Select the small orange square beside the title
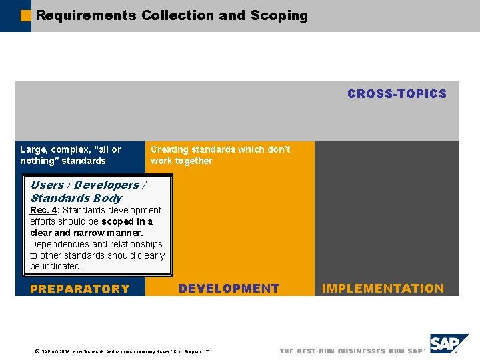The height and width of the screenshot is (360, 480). [26, 15]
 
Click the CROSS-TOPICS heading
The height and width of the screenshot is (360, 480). [397, 94]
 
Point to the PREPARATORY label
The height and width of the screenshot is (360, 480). [80, 289]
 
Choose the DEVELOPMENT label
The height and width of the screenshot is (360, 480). [229, 289]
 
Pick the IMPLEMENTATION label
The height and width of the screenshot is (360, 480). [383, 289]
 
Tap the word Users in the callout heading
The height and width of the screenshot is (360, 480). [47, 185]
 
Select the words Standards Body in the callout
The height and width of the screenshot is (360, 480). [76, 198]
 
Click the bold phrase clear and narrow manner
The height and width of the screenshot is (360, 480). [87, 233]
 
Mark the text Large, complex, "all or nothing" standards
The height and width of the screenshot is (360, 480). [71, 155]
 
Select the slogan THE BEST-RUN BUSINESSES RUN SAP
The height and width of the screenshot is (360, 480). [351, 351]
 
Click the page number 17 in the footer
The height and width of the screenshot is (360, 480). [205, 351]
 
